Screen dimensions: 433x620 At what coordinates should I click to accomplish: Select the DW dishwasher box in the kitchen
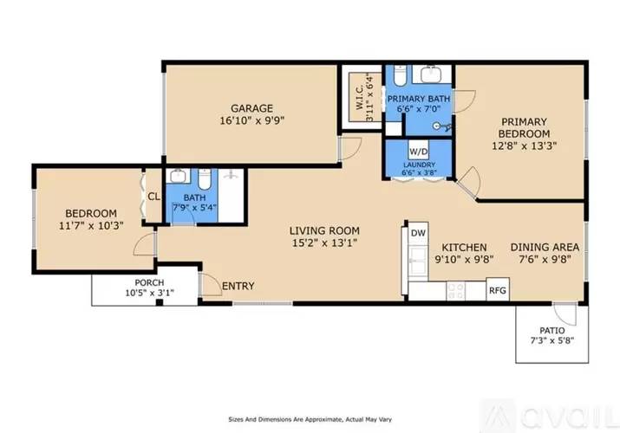(418, 233)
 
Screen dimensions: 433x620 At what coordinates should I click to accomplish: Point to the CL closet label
(153, 197)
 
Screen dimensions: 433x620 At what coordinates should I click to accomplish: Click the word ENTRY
(238, 286)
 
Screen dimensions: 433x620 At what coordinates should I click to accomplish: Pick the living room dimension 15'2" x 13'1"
(323, 243)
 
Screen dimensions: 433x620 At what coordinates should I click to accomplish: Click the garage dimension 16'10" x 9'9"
(251, 122)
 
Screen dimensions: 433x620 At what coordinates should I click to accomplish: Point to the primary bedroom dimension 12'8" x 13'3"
(524, 146)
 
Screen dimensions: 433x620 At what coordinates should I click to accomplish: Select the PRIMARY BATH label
(419, 99)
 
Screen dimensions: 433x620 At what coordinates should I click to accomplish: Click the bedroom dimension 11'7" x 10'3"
(91, 226)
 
